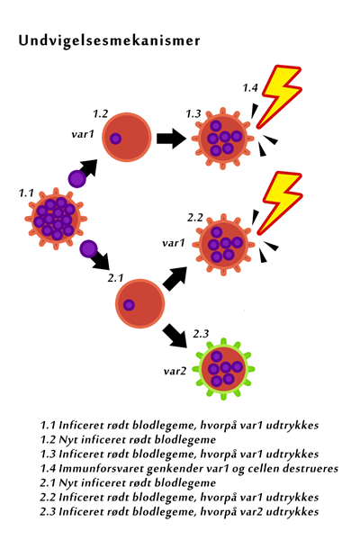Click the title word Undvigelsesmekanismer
[x=109, y=41]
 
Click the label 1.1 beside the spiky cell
[x=26, y=193]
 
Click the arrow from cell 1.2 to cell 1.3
[x=172, y=139]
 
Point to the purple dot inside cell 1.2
[x=115, y=139]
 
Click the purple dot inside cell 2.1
[x=129, y=305]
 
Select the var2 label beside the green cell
[x=175, y=371]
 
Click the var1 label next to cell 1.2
[x=83, y=134]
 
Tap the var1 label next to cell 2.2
[x=174, y=243]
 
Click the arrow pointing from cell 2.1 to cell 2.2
[x=175, y=278]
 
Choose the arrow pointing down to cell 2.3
[x=175, y=336]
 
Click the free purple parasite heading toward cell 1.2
[x=77, y=179]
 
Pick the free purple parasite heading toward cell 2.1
[x=88, y=249]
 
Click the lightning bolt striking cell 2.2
[x=280, y=203]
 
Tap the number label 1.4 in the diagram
[x=250, y=87]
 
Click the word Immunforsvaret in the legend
[x=102, y=469]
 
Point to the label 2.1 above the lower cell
[x=115, y=278]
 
